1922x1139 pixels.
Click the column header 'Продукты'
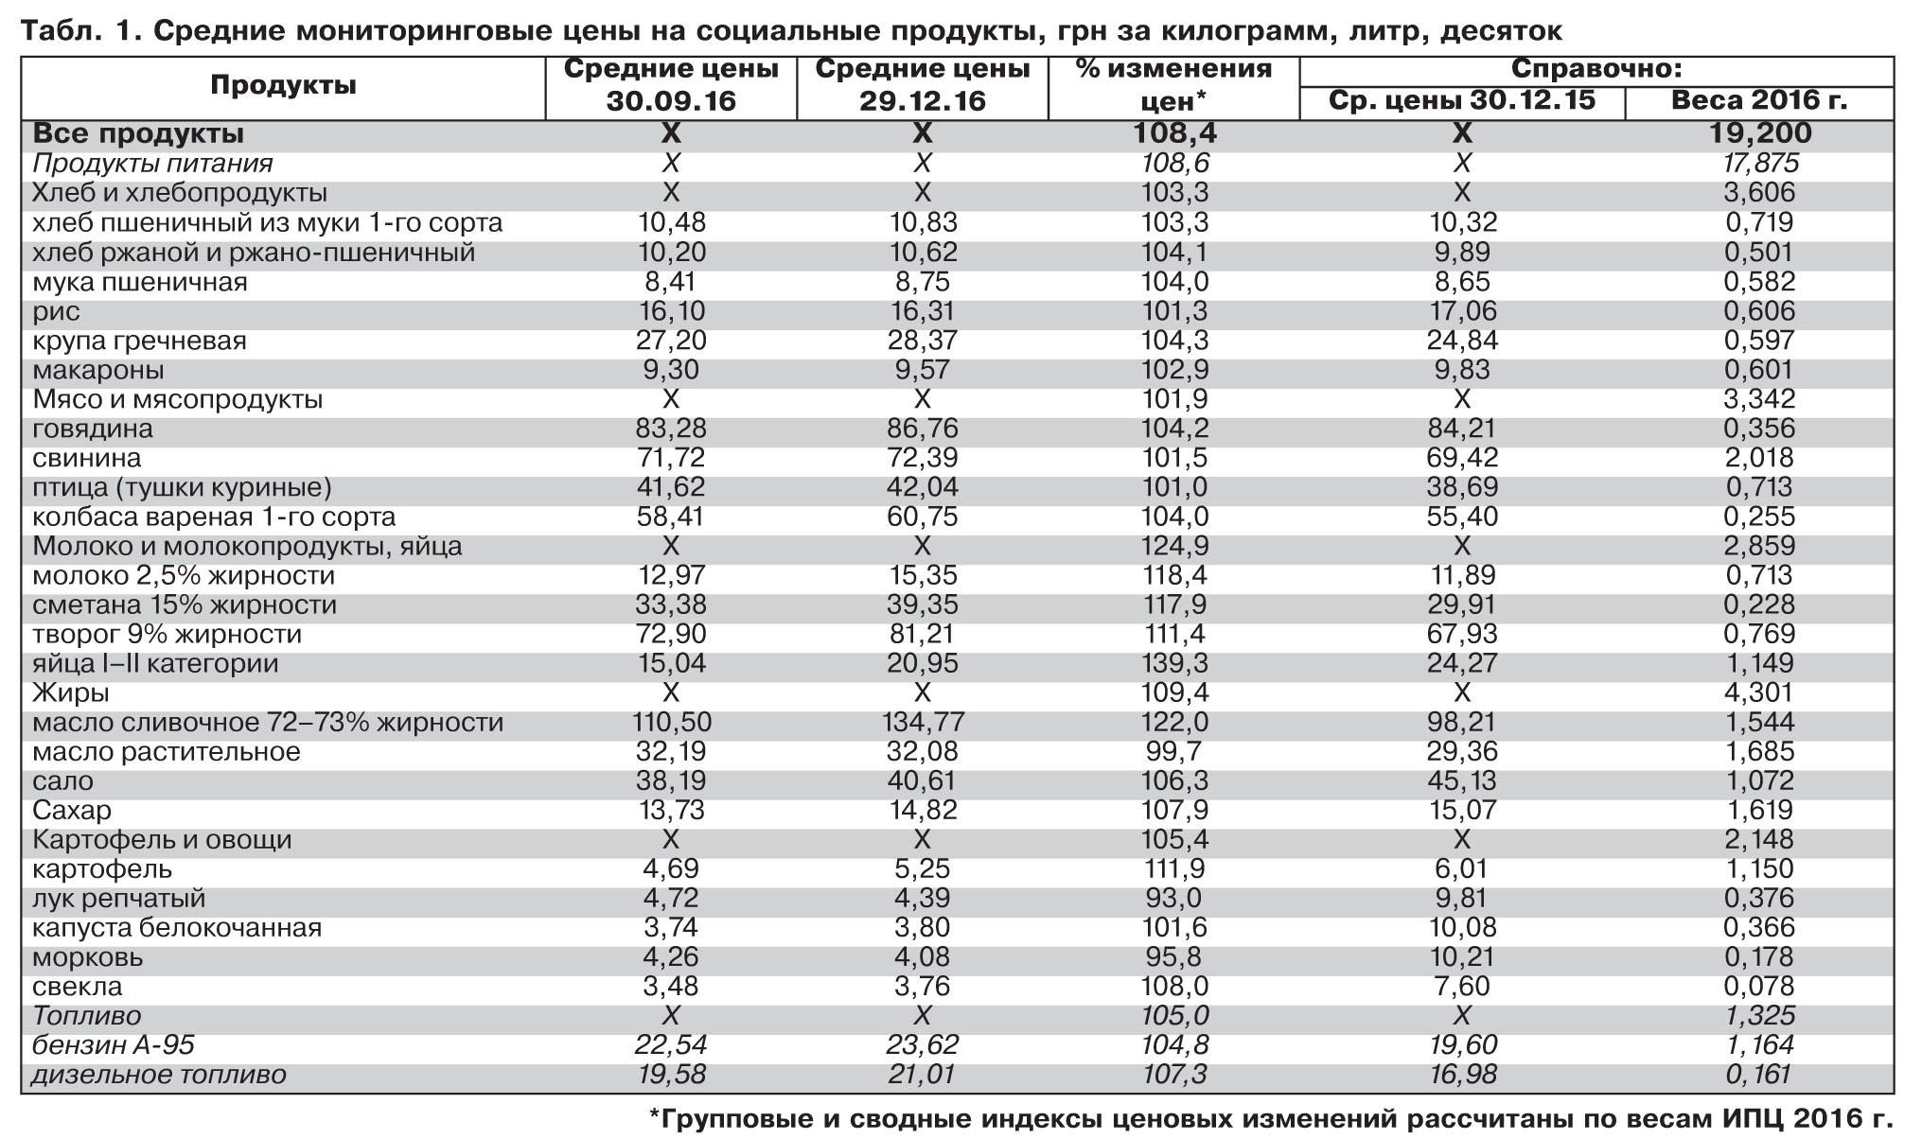click(283, 85)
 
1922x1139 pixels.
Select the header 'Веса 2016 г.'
click(1758, 100)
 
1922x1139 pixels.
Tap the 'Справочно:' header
click(1596, 69)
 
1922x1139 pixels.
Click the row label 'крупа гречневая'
click(139, 341)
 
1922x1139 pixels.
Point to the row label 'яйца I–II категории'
click(155, 663)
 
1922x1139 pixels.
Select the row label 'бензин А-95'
click(114, 1044)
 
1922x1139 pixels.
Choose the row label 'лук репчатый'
click(118, 898)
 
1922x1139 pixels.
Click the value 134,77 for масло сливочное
click(923, 722)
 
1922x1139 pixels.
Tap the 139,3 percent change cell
click(1174, 663)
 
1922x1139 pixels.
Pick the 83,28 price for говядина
click(671, 429)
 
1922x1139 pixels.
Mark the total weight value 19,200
click(1759, 133)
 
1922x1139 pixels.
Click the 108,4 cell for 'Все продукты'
click(1174, 133)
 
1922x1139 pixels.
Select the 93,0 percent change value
click(1174, 898)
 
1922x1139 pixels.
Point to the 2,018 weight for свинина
click(1758, 458)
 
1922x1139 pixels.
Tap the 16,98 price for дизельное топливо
click(1461, 1075)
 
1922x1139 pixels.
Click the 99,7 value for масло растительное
click(1174, 751)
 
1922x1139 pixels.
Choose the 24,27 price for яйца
click(1461, 663)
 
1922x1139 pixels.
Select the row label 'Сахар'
click(72, 811)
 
